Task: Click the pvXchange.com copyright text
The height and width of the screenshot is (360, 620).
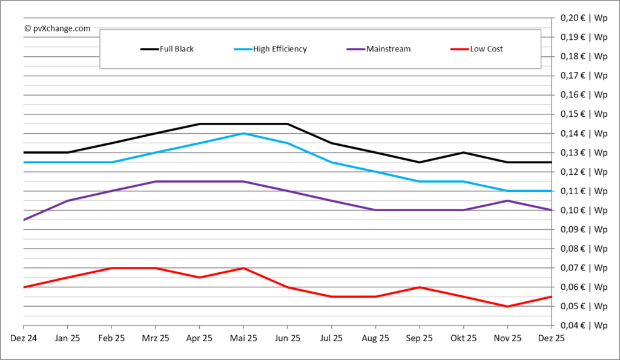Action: coord(58,28)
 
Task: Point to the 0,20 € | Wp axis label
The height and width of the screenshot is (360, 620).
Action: coord(584,18)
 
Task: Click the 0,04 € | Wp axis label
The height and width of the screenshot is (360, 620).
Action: coord(584,326)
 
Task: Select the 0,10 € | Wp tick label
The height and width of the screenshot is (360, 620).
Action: coord(584,210)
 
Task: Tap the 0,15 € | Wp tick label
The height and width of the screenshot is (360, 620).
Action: coord(584,114)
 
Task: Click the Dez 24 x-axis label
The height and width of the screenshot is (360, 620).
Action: coord(23,339)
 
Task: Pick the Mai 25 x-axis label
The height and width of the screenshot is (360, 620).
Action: coord(243,339)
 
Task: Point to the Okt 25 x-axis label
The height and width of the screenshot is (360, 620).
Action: coord(463,339)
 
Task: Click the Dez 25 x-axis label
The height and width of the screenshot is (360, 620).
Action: coord(550,339)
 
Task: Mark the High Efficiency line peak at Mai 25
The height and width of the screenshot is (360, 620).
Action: coord(243,133)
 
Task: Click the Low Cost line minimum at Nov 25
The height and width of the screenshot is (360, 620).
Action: coord(507,306)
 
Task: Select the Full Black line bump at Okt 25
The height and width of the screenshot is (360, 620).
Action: coord(463,152)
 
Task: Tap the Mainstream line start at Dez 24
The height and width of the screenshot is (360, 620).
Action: coord(24,220)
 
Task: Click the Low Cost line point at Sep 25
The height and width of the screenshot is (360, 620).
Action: coord(419,287)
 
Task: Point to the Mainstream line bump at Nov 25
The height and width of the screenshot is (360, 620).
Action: coord(507,200)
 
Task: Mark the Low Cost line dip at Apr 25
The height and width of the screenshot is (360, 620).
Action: coord(199,277)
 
